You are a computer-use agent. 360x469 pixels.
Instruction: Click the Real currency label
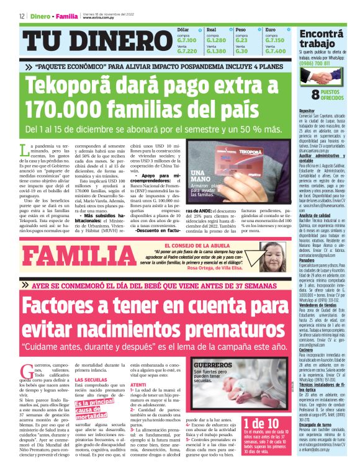click(211, 29)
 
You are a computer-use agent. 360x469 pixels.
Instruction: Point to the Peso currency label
click(240, 29)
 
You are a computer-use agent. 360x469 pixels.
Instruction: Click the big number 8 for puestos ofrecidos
click(316, 94)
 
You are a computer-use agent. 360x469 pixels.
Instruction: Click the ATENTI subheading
click(139, 385)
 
